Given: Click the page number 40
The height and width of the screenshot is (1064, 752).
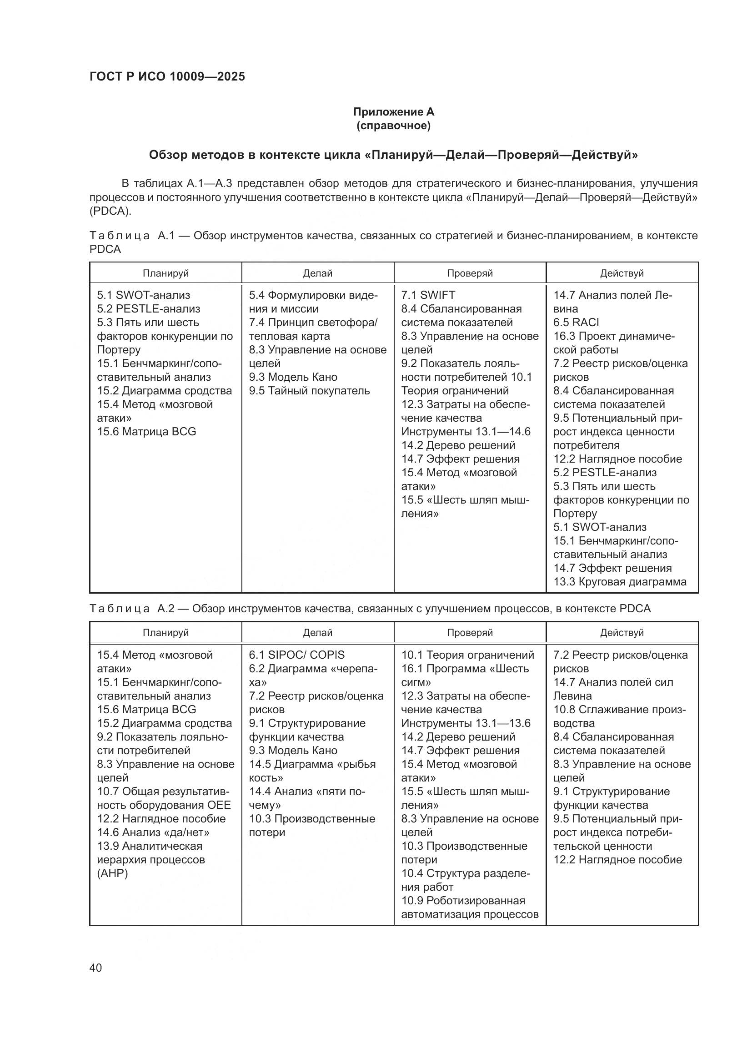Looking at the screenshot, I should click(96, 968).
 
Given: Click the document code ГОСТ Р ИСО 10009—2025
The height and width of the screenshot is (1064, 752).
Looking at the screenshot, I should click(167, 77).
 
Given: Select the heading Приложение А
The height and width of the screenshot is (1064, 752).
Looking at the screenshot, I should click(394, 112).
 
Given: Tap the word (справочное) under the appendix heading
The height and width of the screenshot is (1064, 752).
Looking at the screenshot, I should click(394, 126).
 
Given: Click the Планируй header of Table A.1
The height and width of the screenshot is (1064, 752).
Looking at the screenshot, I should click(166, 273).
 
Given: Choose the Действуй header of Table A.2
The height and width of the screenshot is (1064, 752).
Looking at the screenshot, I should click(622, 633).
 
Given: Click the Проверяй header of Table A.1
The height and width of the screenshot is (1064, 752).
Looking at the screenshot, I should click(470, 273).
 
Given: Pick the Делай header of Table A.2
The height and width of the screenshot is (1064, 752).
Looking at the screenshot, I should click(318, 633).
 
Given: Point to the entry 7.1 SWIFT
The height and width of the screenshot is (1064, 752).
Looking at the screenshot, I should click(428, 295).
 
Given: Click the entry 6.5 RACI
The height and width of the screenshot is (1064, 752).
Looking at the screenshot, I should click(576, 323).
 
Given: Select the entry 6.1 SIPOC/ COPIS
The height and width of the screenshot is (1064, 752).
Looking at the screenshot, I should click(297, 655).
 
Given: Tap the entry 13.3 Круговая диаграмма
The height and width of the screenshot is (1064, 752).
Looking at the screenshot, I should click(620, 582).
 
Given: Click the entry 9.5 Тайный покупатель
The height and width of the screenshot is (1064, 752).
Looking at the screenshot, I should click(309, 391).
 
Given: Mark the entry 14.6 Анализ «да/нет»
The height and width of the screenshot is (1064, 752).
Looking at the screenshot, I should click(153, 832).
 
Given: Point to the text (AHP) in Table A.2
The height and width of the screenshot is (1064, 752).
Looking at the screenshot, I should click(112, 873).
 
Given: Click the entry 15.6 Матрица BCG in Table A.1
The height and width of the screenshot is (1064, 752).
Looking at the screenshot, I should click(146, 431).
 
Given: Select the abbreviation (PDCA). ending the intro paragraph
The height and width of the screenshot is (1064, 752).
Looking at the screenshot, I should click(110, 212).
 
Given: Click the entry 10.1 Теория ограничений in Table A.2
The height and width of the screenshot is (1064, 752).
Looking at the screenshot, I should click(467, 655).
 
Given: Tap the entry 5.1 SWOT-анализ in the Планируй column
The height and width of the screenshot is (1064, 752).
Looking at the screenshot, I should click(144, 295).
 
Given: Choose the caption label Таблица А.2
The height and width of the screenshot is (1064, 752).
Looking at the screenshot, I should click(131, 609).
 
